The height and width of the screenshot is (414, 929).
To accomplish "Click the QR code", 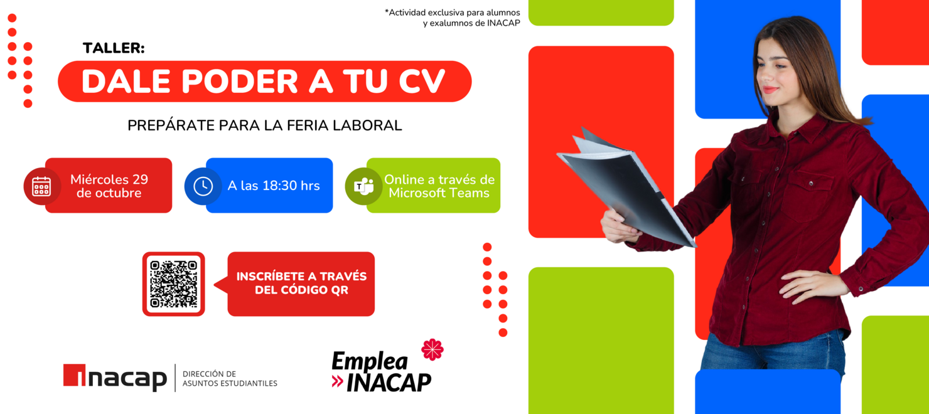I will click(173, 284).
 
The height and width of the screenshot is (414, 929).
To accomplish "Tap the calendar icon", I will click(41, 186).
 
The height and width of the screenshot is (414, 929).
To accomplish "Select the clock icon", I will click(203, 186).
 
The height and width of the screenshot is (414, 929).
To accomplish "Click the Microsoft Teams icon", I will click(363, 186).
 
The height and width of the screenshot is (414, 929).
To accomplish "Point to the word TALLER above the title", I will click(114, 48).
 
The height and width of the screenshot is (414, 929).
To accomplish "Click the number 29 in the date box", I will click(140, 179).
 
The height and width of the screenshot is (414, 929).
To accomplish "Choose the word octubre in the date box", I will click(109, 193).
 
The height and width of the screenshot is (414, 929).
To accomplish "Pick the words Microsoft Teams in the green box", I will click(439, 193).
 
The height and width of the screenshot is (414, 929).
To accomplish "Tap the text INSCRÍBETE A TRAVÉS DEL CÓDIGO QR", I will click(301, 284).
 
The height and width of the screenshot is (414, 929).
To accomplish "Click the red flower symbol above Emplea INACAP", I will click(432, 349).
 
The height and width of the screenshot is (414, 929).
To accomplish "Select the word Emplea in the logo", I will click(370, 361).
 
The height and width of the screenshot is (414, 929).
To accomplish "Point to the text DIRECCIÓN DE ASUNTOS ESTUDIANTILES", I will click(229, 378).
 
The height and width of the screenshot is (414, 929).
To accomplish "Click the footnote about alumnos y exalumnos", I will click(453, 18).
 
